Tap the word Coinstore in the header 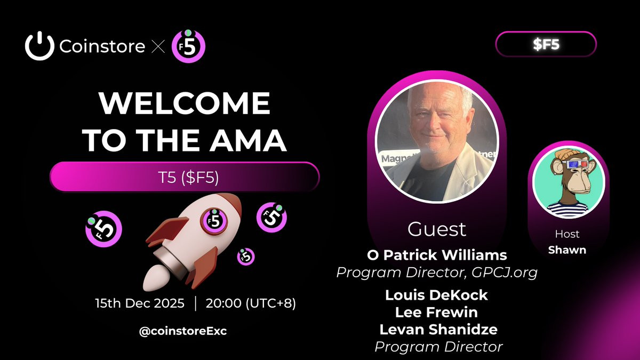tap(102, 46)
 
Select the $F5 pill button tap(546, 44)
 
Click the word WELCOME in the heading tap(185, 103)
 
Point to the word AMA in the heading tap(248, 140)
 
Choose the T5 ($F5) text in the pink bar tap(188, 177)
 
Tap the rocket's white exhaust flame tap(154, 278)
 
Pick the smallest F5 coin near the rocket tap(246, 257)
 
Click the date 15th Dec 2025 tap(140, 303)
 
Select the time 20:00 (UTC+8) tap(251, 303)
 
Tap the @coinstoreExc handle tap(183, 331)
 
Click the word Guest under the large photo tap(437, 229)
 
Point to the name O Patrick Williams tap(437, 255)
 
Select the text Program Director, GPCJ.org tap(437, 273)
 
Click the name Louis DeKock tap(436, 295)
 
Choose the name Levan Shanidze tap(438, 330)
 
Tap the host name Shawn tap(567, 250)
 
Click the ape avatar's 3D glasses tap(575, 165)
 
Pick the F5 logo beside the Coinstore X tap(188, 46)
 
